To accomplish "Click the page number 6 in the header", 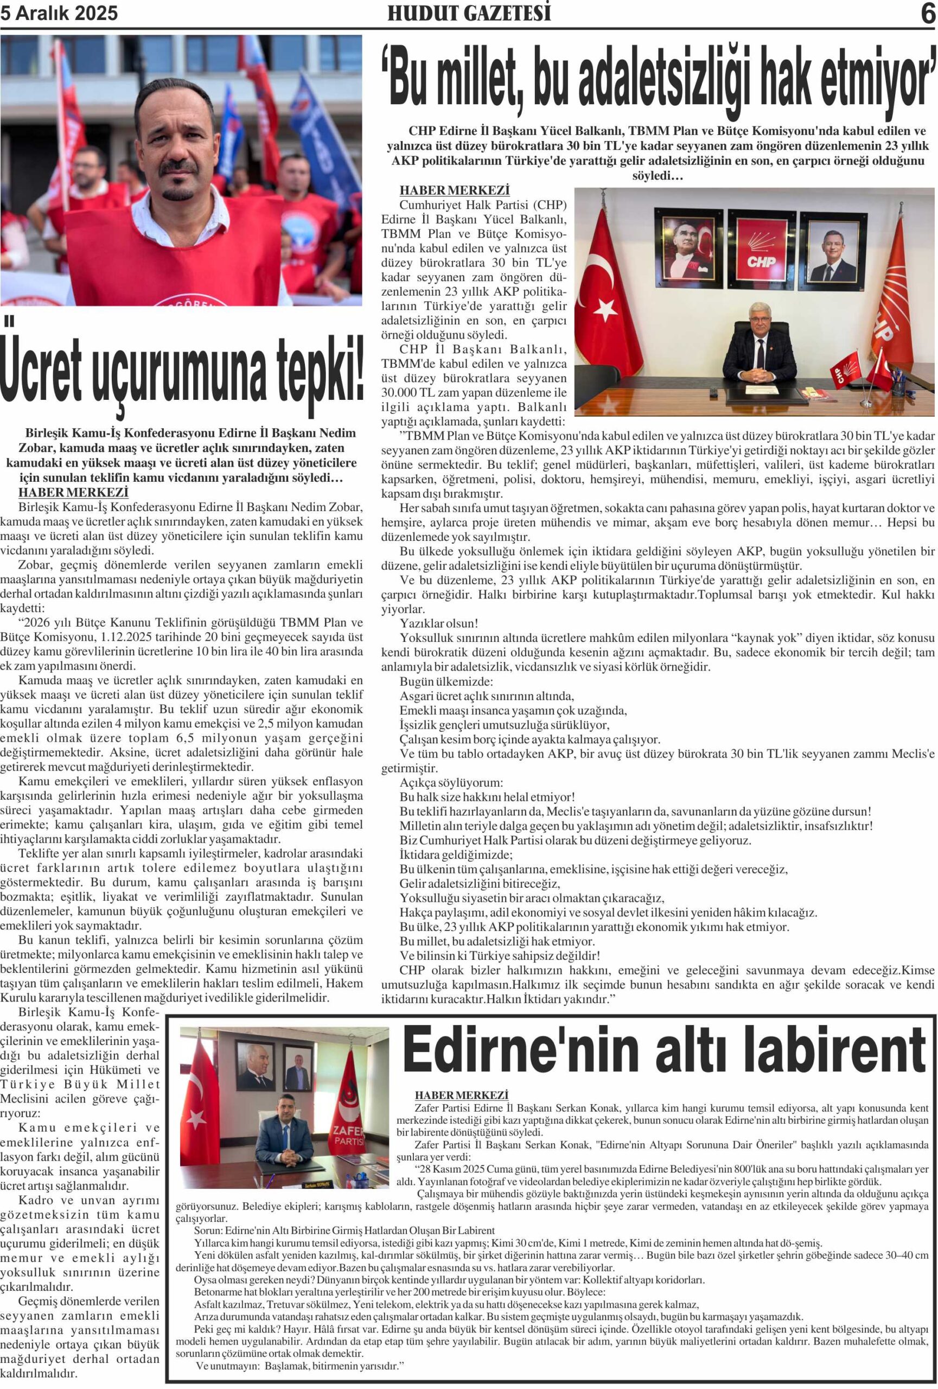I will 927,13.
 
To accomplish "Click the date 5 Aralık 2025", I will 59,13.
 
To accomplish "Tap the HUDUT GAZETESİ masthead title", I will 469,13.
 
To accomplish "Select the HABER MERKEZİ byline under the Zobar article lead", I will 73,493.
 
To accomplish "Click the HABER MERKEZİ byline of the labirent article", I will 461,1095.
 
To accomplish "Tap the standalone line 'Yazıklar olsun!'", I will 439,623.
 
